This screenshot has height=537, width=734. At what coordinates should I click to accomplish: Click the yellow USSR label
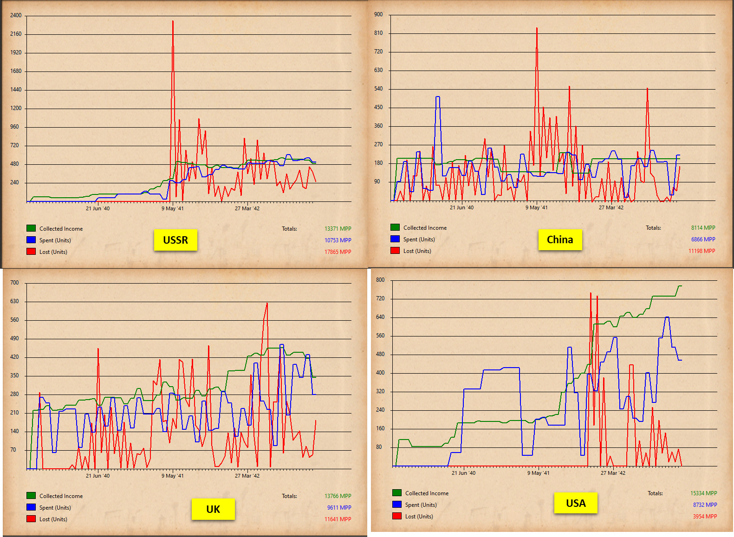coord(175,240)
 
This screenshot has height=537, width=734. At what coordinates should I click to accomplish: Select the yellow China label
coord(560,239)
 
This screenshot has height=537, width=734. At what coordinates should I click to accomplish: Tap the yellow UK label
coord(213,509)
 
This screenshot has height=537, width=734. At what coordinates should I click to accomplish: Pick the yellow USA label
coord(576,503)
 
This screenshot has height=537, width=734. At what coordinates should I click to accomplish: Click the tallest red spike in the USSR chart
coord(173,21)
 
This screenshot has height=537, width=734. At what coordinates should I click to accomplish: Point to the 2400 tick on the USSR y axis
coord(16,15)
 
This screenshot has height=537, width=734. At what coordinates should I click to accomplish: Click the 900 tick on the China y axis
coord(378,14)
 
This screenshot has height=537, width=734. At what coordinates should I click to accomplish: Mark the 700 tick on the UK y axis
coord(14,283)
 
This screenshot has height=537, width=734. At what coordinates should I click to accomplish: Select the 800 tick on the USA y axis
coord(380,280)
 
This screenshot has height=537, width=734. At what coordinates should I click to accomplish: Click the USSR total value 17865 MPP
coord(338,252)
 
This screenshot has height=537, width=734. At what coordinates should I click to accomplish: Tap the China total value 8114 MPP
coord(703,228)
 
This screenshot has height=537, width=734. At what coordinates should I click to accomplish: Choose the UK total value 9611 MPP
coord(339,508)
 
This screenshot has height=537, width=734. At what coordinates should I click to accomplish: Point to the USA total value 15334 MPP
coord(703,493)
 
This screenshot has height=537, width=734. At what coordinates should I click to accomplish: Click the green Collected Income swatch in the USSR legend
coord(31,228)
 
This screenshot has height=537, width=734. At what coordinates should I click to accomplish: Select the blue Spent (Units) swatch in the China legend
coord(395,239)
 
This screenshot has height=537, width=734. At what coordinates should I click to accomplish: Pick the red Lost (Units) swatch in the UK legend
coord(31,519)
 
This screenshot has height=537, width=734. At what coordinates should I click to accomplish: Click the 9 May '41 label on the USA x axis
coord(538,473)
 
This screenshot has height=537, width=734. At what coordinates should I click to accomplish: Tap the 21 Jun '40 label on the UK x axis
coord(97,476)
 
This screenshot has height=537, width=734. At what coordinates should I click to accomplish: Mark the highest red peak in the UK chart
coord(267,304)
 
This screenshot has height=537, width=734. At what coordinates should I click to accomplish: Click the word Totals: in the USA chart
coord(655,493)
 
